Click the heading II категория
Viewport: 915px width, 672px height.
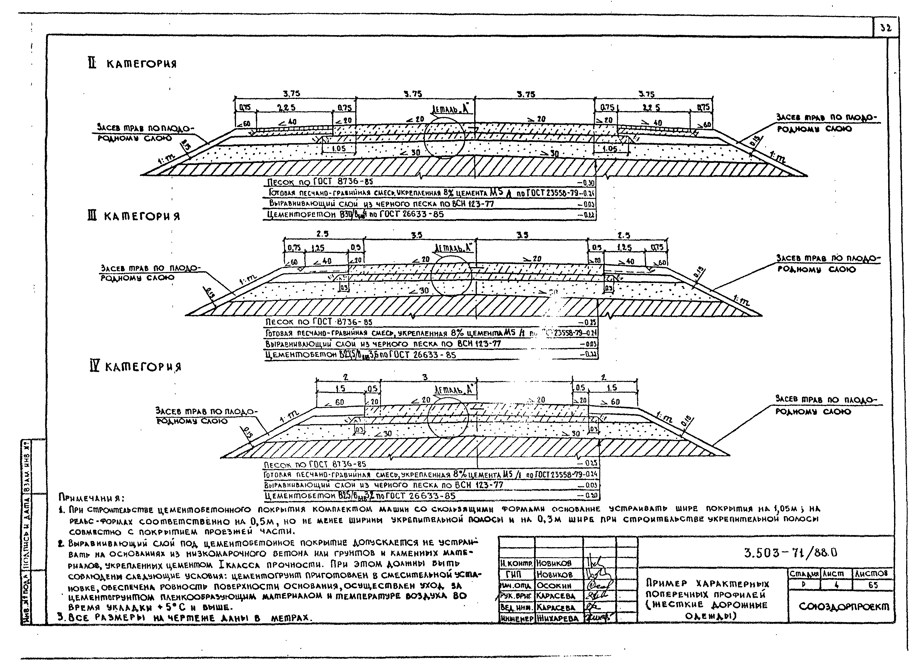coord(132,64)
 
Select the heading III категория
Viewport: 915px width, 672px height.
coord(133,216)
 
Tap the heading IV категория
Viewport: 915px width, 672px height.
coord(135,367)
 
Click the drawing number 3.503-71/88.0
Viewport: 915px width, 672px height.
coord(790,552)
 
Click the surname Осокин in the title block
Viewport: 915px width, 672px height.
coord(554,585)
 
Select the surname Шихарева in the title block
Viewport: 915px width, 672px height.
coord(557,618)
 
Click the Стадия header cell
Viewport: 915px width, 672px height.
coord(804,573)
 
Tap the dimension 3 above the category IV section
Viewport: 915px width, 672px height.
coord(425,377)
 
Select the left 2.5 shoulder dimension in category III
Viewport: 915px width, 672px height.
coord(322,234)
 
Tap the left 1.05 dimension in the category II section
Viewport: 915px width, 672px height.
coord(338,148)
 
